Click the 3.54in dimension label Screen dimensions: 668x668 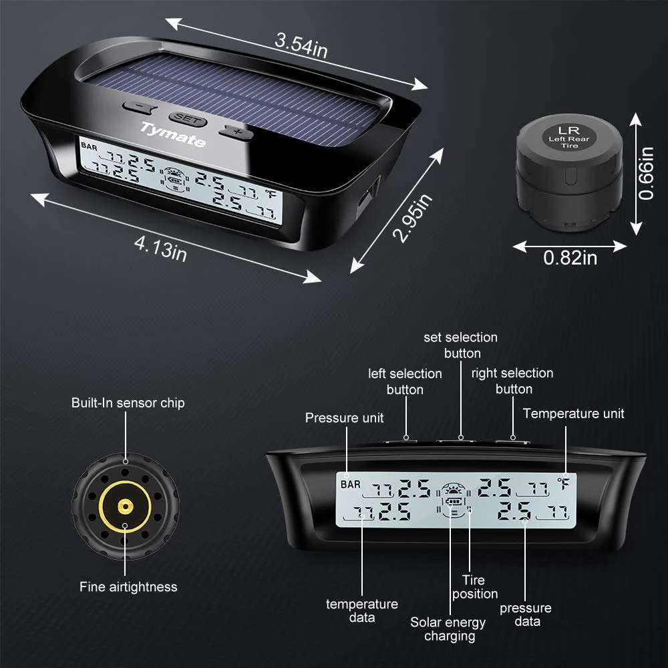[x=301, y=45]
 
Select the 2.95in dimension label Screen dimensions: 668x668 [x=413, y=217]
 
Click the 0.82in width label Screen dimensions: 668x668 [x=570, y=258]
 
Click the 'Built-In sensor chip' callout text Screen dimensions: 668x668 [x=128, y=403]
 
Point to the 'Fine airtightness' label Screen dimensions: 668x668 [x=128, y=587]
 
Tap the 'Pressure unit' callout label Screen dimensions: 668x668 [x=344, y=418]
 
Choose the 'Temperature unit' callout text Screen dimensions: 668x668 [x=573, y=413]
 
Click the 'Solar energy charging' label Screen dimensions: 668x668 [x=448, y=629]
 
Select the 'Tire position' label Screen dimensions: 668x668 [x=475, y=587]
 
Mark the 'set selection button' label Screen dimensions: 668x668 [x=461, y=345]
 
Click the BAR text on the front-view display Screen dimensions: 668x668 [x=351, y=484]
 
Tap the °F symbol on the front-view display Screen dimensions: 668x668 [x=566, y=485]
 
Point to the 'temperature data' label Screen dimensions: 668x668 [x=362, y=611]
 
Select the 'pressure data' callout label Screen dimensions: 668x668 [x=526, y=615]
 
